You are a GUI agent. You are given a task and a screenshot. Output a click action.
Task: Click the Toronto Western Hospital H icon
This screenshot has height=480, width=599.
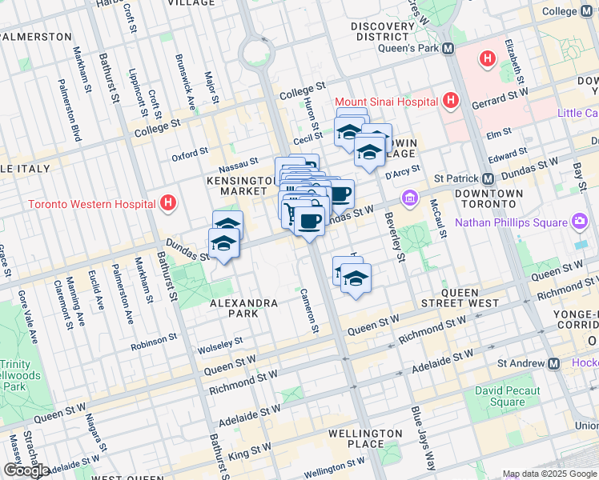[167, 203]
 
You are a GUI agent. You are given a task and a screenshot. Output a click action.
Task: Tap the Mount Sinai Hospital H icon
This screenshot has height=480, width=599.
[451, 102]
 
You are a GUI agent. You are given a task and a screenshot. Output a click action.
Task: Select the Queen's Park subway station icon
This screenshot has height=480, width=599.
[448, 48]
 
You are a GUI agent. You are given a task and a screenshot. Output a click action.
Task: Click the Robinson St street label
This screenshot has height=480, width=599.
[155, 340]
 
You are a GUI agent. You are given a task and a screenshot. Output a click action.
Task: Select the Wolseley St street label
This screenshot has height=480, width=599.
[222, 342]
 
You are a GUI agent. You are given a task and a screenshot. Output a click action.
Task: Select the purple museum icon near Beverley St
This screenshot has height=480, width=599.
[409, 198]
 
